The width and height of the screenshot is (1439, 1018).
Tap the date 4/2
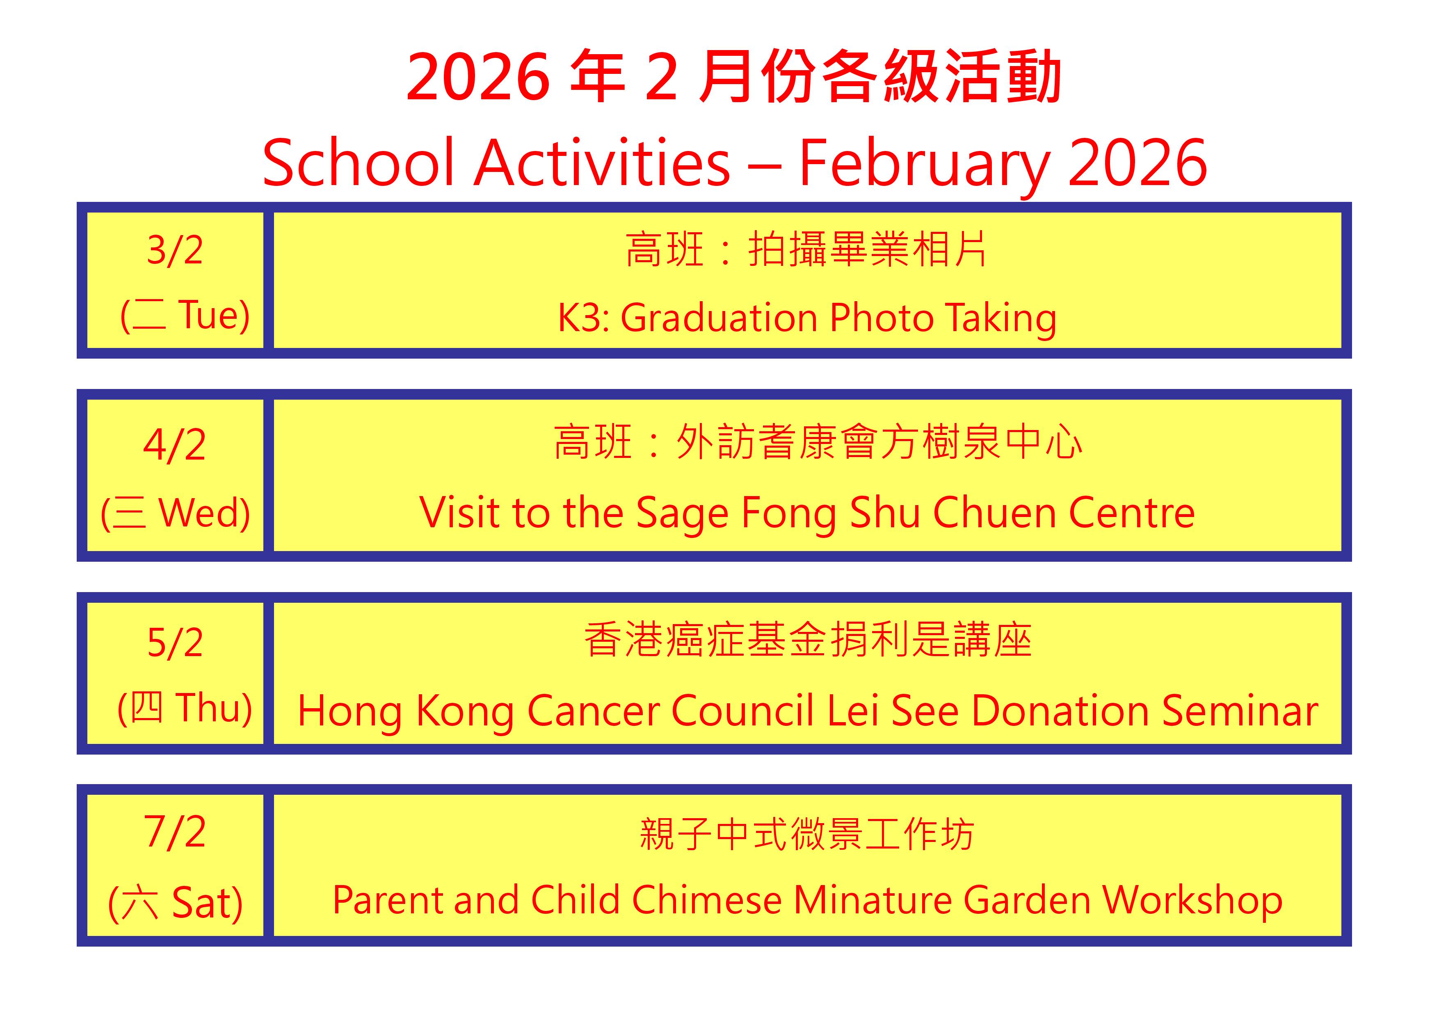click(175, 445)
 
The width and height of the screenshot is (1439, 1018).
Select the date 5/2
click(175, 643)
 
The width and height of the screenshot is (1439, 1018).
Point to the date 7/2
click(175, 831)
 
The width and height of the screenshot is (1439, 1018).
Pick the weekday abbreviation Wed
click(198, 513)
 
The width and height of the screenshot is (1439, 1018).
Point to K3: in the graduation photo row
click(584, 318)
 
